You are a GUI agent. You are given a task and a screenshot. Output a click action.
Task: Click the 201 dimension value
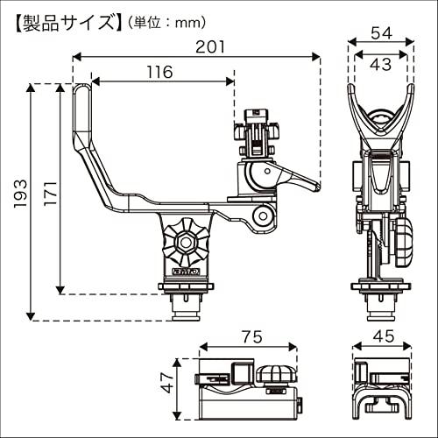[210, 46]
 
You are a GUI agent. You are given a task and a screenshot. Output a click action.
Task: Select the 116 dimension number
[159, 72]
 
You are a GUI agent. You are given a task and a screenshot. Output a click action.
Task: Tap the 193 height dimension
[20, 194]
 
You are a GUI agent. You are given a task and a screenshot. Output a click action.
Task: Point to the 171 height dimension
[50, 193]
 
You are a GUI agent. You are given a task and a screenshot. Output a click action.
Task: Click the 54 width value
[381, 33]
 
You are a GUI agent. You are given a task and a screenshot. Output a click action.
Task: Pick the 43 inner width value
[381, 64]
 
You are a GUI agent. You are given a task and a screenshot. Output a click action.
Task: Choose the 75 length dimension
[252, 337]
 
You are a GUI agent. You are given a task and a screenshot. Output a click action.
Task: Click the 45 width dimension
[384, 336]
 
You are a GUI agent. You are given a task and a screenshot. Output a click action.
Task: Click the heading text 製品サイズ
[67, 23]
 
